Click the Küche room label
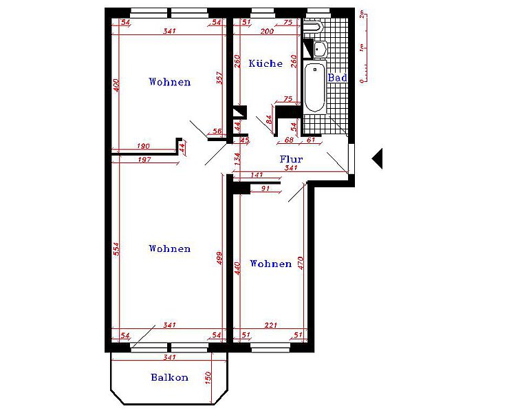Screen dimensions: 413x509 tap(266, 63)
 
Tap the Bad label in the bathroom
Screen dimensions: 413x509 tap(337, 78)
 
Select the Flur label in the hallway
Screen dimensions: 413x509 tap(291, 159)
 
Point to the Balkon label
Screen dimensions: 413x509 tap(169, 377)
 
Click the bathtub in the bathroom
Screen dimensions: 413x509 tap(314, 87)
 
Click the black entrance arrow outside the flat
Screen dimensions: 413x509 tap(377, 159)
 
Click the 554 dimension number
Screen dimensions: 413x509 tap(116, 249)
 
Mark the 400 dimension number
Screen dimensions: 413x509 tap(116, 85)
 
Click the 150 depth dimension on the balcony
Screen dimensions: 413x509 tap(207, 379)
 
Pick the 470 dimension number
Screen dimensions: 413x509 tap(300, 264)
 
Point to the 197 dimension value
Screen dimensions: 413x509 tap(143, 160)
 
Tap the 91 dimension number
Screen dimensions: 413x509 tap(266, 189)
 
